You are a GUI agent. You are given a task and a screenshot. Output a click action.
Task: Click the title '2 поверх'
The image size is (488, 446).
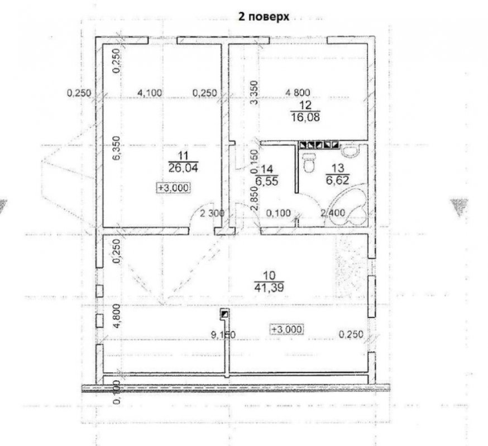tap(264, 17)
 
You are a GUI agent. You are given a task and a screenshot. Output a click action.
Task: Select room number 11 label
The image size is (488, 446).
tap(183, 156)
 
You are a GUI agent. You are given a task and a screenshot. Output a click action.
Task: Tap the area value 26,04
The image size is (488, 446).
tap(183, 168)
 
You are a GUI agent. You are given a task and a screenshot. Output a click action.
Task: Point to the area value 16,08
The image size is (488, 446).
tap(305, 117)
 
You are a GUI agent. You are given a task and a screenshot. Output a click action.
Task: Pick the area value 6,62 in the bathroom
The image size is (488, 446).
tap(338, 180)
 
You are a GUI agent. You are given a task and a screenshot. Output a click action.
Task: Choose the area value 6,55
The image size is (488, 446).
tap(266, 181)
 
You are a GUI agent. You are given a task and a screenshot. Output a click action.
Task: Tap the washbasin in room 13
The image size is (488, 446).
tap(350, 151)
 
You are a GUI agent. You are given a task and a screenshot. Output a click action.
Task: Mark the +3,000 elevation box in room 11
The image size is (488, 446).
tap(174, 188)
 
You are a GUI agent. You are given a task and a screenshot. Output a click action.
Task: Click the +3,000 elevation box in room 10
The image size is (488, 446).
tap(287, 329)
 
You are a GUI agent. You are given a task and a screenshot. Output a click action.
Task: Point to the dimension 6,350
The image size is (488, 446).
tap(116, 148)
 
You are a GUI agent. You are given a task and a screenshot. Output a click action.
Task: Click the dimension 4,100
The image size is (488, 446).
tap(150, 93)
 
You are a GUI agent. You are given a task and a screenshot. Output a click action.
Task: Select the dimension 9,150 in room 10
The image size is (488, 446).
tap(223, 334)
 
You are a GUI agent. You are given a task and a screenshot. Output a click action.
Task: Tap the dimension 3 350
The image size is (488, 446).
tap(254, 93)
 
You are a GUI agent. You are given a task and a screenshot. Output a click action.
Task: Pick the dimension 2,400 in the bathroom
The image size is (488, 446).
tap(333, 212)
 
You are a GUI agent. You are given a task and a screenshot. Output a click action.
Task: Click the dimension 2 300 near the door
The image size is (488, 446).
tap(212, 213)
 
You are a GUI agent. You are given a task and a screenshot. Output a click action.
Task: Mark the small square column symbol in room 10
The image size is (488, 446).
tap(224, 314)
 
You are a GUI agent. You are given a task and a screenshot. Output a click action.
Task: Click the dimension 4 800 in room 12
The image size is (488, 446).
tap(298, 93)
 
